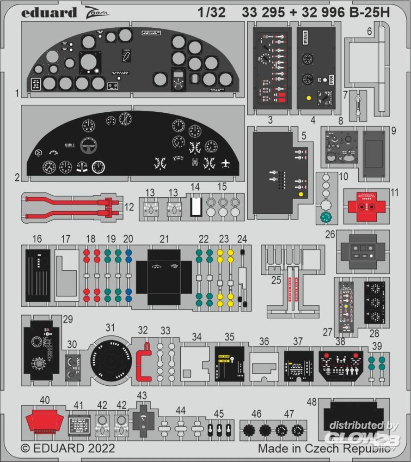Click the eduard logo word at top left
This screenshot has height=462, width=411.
[x=49, y=12]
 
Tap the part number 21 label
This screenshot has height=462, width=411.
[x=164, y=239]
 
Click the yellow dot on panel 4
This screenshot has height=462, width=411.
[x=307, y=98]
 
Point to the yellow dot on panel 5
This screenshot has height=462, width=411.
[x=301, y=194]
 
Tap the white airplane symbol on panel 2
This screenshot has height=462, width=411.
[x=226, y=163]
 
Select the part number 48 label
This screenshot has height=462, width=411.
[x=312, y=402]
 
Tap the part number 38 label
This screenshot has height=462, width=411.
[x=340, y=341]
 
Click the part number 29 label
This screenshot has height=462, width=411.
[x=68, y=319]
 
